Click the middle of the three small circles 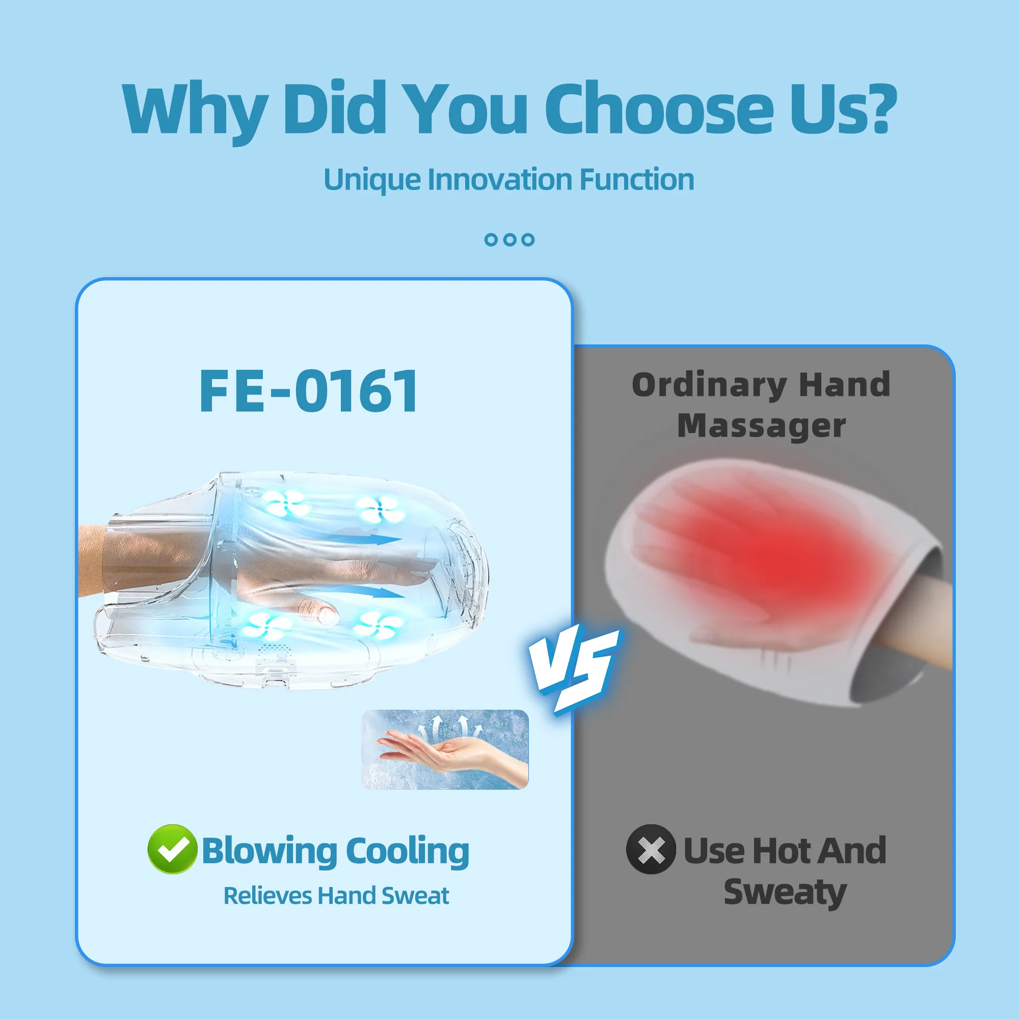(x=509, y=240)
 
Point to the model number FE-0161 (x=309, y=391)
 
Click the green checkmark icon (x=172, y=849)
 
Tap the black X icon (x=651, y=849)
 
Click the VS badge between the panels (x=575, y=667)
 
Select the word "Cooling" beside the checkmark (x=407, y=851)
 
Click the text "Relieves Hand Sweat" (x=336, y=896)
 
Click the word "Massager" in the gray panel (x=761, y=426)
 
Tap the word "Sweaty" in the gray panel (x=785, y=892)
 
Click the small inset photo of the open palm (x=445, y=749)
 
